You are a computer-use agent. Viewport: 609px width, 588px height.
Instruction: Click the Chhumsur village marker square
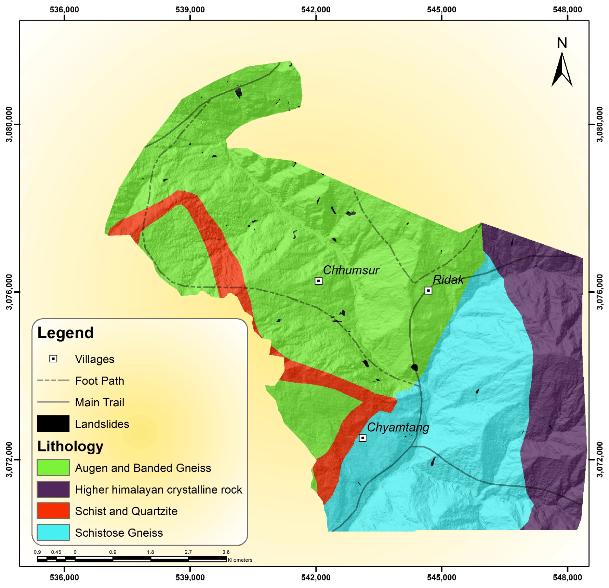(x=318, y=281)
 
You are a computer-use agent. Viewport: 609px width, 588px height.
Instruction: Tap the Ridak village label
(x=448, y=280)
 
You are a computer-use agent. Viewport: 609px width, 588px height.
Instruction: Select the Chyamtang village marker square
(x=362, y=438)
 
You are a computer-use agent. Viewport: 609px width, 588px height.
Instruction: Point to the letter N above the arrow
(x=562, y=43)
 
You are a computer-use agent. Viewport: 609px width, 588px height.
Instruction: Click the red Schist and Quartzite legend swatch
(x=53, y=511)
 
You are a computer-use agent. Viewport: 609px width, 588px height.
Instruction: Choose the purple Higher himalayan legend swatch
(x=53, y=489)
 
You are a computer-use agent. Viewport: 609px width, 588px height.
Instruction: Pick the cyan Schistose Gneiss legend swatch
(x=53, y=532)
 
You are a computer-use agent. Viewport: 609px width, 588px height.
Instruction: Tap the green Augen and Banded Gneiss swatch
(x=53, y=468)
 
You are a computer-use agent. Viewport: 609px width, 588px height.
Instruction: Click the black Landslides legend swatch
(x=53, y=424)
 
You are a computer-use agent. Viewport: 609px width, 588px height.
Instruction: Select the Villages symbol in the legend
(x=53, y=359)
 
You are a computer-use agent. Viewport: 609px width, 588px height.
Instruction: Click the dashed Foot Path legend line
(x=53, y=380)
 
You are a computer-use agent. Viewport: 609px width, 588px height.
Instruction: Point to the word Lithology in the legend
(x=70, y=446)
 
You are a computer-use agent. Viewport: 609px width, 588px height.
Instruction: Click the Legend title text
(x=65, y=333)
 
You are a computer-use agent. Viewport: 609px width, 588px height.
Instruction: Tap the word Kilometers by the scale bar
(x=240, y=560)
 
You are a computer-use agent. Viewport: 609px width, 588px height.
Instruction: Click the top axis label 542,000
(x=316, y=10)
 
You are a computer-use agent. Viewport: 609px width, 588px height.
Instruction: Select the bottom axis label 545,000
(x=441, y=577)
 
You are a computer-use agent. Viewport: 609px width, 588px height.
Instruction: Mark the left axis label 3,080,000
(x=9, y=124)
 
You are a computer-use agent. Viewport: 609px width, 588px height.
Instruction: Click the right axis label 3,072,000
(x=599, y=459)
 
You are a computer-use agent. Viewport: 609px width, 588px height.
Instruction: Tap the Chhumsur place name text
(x=351, y=270)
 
